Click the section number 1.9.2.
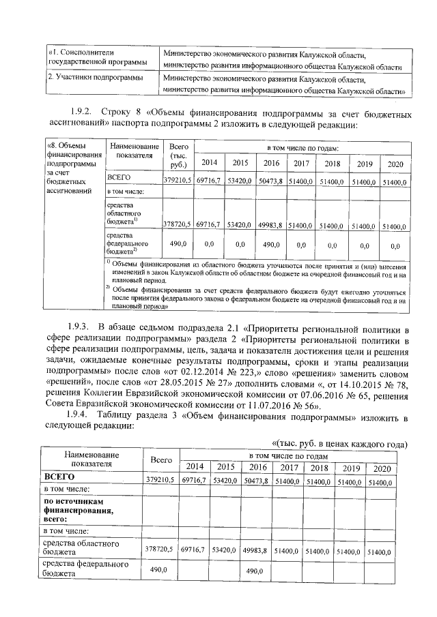(x=81, y=111)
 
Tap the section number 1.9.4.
(x=81, y=415)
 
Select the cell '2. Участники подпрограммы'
(x=96, y=78)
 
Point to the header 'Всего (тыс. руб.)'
(x=178, y=156)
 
